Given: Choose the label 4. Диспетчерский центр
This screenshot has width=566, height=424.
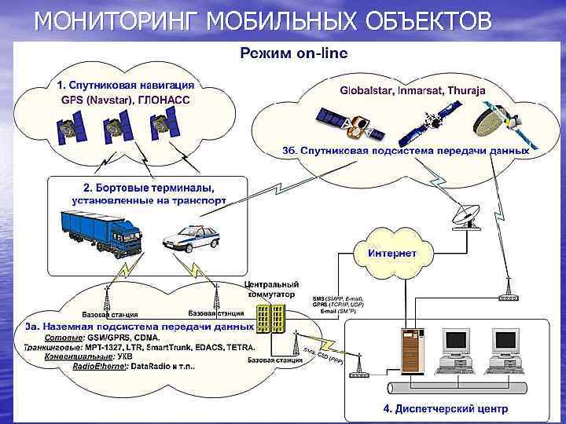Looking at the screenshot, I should pos(445,409).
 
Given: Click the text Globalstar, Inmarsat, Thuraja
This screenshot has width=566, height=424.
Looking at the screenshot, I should pos(412,90).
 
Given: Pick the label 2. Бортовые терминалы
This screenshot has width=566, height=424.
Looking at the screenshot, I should pos(149,188).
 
